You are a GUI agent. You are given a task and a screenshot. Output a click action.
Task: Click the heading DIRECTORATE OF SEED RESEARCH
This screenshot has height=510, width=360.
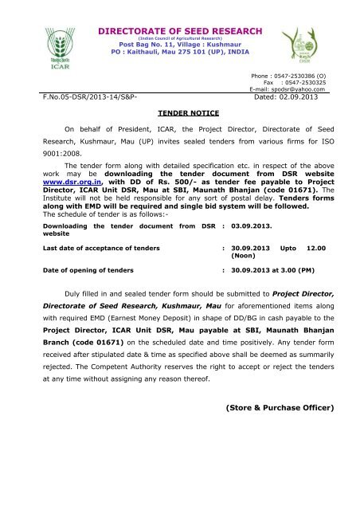[x=179, y=30]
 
